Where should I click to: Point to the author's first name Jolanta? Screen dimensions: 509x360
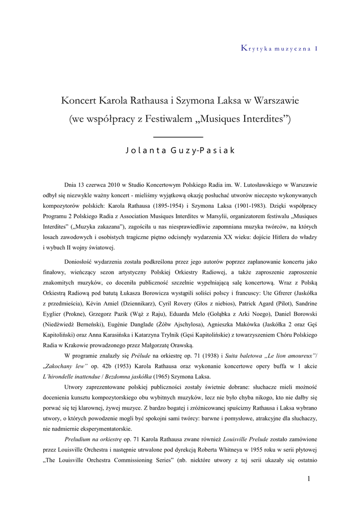(145, 151)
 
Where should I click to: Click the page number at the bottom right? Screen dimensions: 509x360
(308, 479)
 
